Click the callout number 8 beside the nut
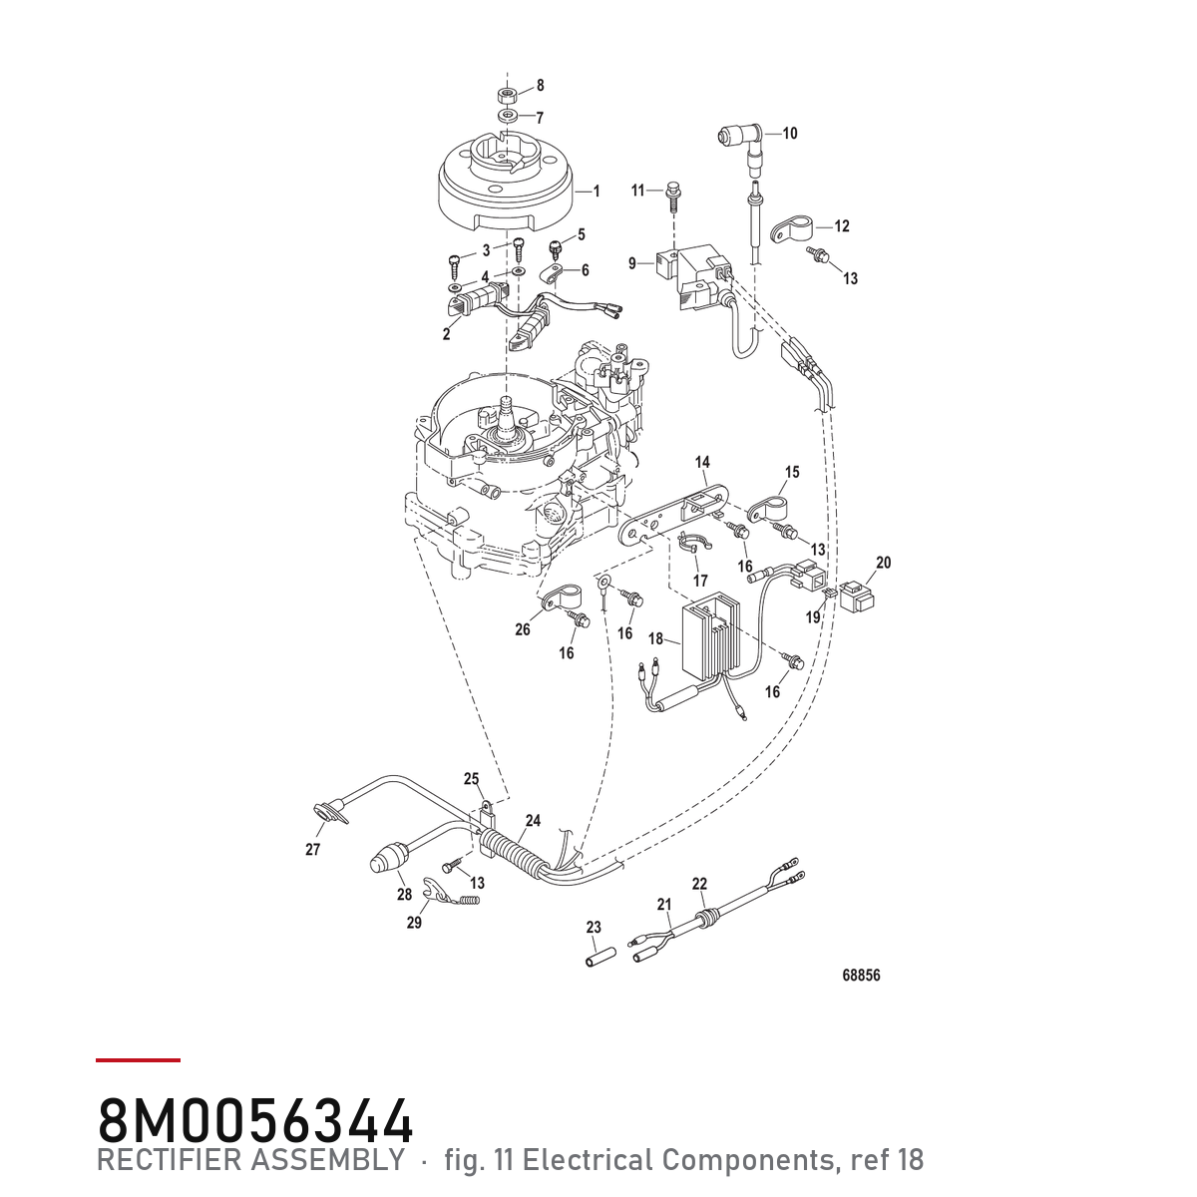[x=540, y=85]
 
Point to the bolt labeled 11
[x=672, y=197]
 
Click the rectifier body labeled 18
[x=711, y=634]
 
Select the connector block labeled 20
[x=857, y=595]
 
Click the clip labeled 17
[x=694, y=545]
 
